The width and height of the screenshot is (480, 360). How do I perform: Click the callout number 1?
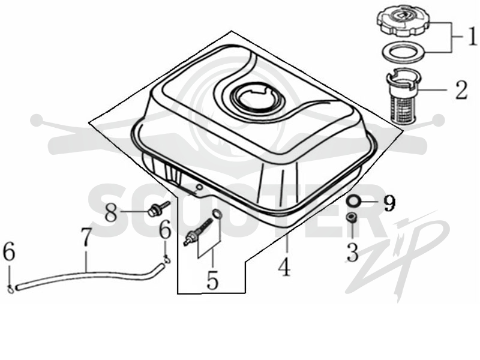click(x=470, y=36)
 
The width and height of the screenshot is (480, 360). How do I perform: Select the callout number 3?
click(x=353, y=251)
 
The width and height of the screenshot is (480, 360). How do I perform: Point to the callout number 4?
click(x=284, y=266)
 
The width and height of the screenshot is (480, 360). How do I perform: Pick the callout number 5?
click(x=212, y=280)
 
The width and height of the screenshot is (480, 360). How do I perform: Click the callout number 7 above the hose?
click(x=86, y=236)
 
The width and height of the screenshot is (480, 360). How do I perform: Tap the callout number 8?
click(x=111, y=212)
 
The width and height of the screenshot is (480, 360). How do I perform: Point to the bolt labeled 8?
click(x=158, y=208)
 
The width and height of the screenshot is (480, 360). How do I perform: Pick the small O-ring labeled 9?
click(x=353, y=202)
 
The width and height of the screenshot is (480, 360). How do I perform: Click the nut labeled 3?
click(x=352, y=218)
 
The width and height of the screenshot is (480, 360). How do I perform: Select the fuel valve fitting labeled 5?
click(x=198, y=228)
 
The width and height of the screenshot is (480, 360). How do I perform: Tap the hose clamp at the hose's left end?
click(x=10, y=289)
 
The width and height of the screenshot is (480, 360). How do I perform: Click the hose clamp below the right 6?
click(x=167, y=259)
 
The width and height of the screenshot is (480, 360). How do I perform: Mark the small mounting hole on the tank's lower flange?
click(x=199, y=187)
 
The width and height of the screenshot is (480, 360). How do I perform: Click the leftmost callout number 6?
click(x=9, y=253)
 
